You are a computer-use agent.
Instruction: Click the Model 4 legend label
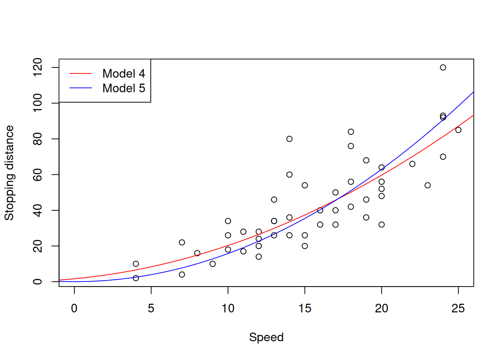(123, 73)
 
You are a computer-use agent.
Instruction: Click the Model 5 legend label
(123, 88)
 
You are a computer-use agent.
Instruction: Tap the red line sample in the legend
(81, 73)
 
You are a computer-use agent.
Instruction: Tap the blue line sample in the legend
(81, 88)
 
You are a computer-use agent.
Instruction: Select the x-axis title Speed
(266, 337)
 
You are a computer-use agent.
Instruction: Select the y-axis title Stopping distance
(9, 173)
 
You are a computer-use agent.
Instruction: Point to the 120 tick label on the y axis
(37, 67)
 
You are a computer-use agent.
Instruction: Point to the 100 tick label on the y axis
(37, 103)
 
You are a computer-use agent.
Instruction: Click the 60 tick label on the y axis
(37, 175)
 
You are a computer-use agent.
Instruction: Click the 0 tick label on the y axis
(37, 282)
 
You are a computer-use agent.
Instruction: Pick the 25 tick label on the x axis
(458, 308)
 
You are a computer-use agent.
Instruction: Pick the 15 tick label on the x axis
(305, 308)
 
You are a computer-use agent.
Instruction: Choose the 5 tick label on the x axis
(151, 308)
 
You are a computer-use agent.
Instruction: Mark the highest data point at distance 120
(443, 67)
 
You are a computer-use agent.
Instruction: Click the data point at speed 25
(458, 130)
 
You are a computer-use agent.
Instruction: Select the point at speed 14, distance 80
(289, 139)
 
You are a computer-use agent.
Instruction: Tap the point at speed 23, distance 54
(427, 185)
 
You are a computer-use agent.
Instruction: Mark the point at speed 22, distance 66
(412, 164)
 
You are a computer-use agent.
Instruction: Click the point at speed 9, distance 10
(213, 264)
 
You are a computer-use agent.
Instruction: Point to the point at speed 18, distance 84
(351, 132)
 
